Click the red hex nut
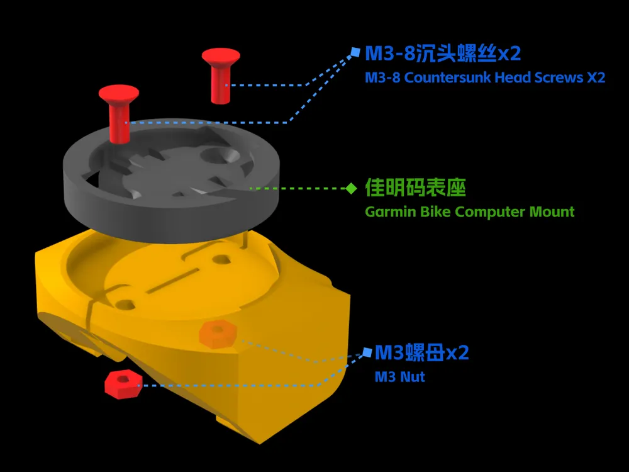(x=123, y=385)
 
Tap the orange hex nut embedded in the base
(x=218, y=334)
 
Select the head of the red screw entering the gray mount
(x=119, y=94)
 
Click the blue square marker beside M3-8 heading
(x=355, y=52)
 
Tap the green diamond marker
(x=352, y=188)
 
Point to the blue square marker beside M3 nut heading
(x=367, y=352)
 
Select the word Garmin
(x=391, y=211)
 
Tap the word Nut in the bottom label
(x=413, y=377)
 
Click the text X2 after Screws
(x=596, y=77)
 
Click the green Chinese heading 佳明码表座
(x=416, y=188)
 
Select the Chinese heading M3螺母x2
(x=422, y=353)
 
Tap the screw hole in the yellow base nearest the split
(x=125, y=305)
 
